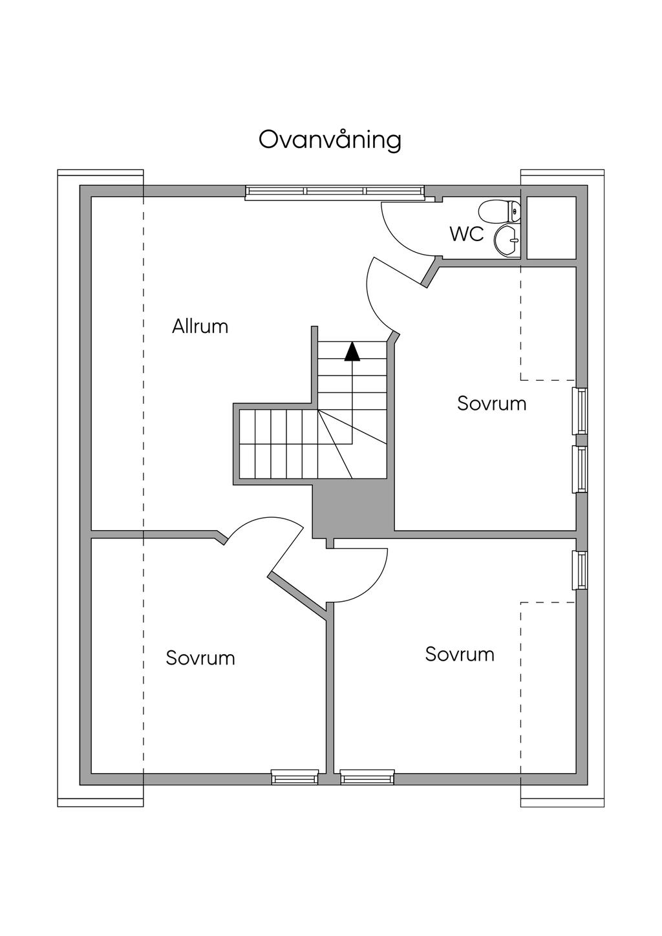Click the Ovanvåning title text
[330, 140]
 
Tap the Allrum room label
[200, 326]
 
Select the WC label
[467, 234]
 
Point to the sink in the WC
[506, 241]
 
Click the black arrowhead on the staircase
[352, 350]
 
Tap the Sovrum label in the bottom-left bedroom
[200, 658]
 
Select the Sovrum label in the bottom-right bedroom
[460, 654]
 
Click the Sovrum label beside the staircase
[491, 403]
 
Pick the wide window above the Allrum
[334, 191]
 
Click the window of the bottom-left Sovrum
[295, 777]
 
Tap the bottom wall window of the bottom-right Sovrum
[367, 777]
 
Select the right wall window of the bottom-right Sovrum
[581, 570]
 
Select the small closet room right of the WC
[551, 228]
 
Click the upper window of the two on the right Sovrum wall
[581, 411]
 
